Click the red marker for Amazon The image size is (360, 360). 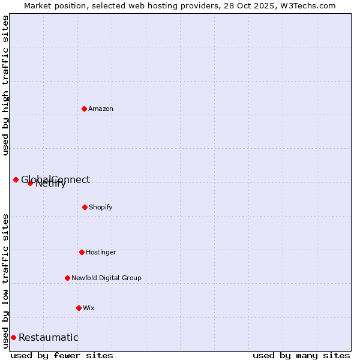coord(84,109)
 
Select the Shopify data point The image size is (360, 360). coord(85,207)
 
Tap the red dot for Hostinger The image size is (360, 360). coord(82,252)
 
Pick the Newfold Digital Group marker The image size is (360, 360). coord(67,278)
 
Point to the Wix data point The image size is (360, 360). coord(79,308)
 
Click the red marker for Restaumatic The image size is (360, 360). coord(13,337)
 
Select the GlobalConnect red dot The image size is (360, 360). coord(16,179)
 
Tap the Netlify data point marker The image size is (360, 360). coord(30,183)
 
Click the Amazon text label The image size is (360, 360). coord(101,109)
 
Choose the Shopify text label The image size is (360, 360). coord(101,207)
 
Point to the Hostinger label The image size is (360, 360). coord(101,252)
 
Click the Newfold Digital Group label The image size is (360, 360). coord(106,278)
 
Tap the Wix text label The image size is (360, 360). coord(89,308)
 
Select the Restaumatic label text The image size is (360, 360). coord(48,337)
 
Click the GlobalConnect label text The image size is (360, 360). coord(56,179)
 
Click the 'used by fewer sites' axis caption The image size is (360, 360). coord(62,355)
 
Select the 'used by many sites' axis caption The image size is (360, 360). coord(301,355)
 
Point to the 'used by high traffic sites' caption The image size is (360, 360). coord(5,85)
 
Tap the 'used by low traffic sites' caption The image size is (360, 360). coord(5,280)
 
